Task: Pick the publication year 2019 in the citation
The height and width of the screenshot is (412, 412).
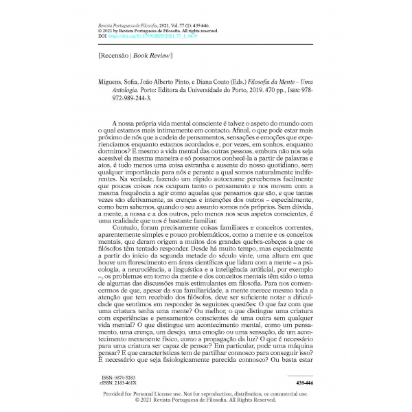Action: [261, 89]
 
